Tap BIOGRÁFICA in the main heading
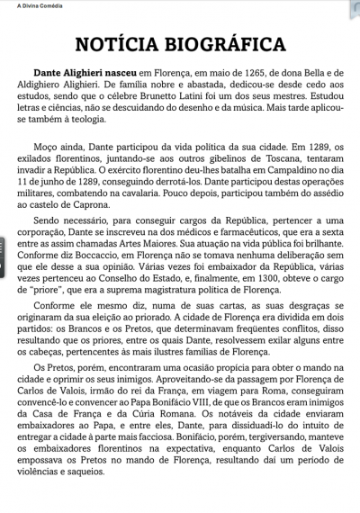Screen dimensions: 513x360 [229, 44]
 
